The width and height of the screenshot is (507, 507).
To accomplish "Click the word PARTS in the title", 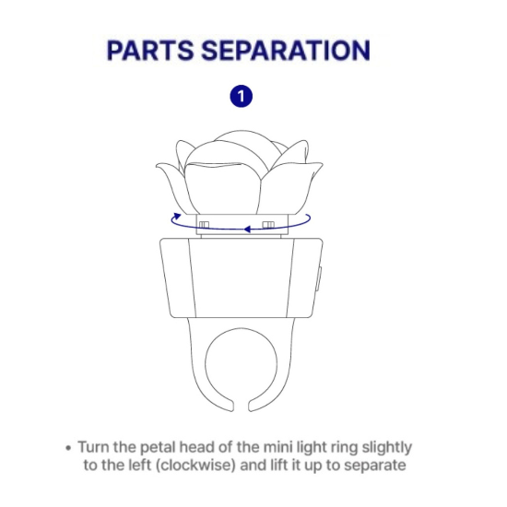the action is (x=150, y=50).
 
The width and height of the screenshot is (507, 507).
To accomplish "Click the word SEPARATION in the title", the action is (x=286, y=50).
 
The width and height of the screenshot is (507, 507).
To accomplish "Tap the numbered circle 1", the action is (x=242, y=96).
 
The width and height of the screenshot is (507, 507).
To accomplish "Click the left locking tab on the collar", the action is (x=204, y=225).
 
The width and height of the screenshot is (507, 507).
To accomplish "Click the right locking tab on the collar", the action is (x=268, y=224).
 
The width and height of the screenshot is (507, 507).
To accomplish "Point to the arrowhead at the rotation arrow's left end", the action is (x=178, y=216).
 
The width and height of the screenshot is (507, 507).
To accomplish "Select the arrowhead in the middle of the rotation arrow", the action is (x=247, y=230).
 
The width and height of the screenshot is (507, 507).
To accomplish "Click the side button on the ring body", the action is (x=319, y=278).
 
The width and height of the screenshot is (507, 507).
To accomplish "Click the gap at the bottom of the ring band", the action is (x=242, y=407).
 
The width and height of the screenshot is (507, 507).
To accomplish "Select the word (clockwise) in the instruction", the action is (x=195, y=466).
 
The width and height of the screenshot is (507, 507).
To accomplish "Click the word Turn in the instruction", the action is (x=94, y=447).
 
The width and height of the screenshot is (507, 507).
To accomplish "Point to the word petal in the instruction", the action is (x=159, y=448).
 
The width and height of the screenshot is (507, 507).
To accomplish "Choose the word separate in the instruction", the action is (x=375, y=466).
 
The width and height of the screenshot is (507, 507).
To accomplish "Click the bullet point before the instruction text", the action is (x=68, y=448).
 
